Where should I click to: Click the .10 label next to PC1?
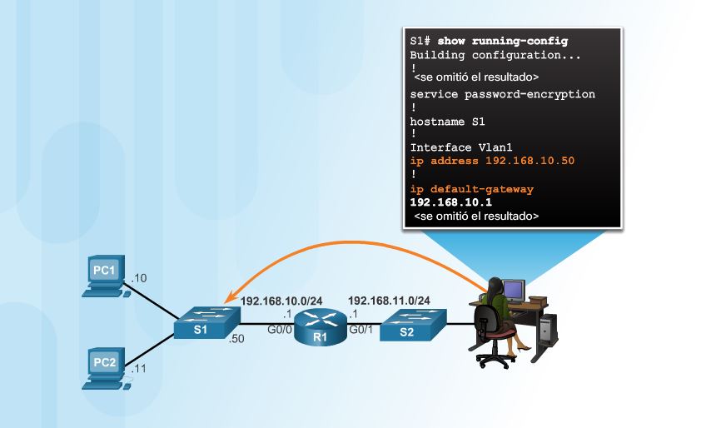(139, 277)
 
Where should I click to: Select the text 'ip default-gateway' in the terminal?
(472, 189)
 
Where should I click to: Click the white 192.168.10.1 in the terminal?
(450, 202)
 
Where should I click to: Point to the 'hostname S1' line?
(447, 122)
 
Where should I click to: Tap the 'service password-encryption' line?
(503, 94)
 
